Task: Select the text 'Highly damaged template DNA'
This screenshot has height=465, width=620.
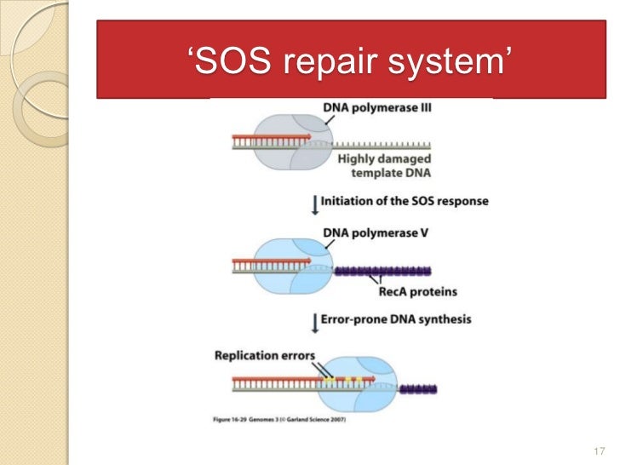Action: pyautogui.click(x=384, y=165)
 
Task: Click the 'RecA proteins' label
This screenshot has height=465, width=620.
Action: pyautogui.click(x=418, y=291)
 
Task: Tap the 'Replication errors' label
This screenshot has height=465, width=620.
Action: pyautogui.click(x=264, y=355)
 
